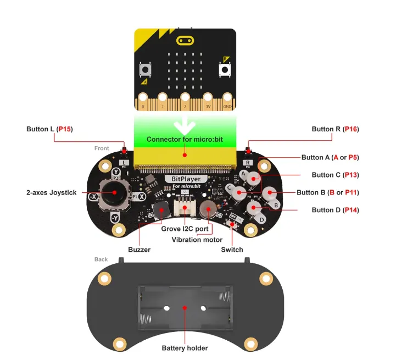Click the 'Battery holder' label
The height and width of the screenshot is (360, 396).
(x=185, y=348)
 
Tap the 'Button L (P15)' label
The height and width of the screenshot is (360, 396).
(x=49, y=129)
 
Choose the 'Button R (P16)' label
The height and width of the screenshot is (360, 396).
(x=335, y=129)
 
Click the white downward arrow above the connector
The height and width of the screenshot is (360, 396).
(x=185, y=125)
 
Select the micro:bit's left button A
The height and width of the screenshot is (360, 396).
(x=146, y=70)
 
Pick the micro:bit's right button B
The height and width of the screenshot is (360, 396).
(x=225, y=70)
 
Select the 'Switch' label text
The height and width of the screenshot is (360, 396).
(x=232, y=250)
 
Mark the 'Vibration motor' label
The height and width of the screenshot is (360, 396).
(x=197, y=240)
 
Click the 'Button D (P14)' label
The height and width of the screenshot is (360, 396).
(x=335, y=210)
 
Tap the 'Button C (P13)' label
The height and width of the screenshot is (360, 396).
(x=335, y=175)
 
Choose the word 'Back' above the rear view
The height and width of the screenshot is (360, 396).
(x=101, y=259)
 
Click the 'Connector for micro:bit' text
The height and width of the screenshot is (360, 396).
(x=185, y=139)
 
